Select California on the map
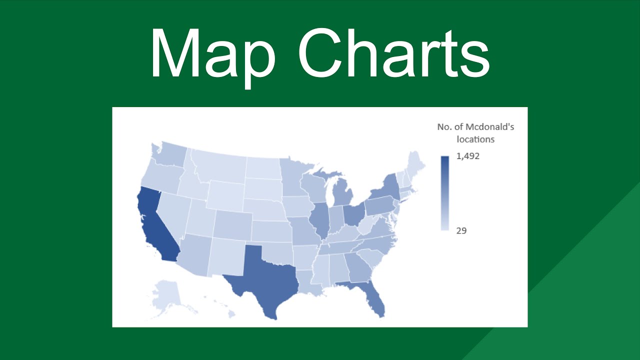[x=155, y=225]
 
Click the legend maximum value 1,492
[x=467, y=156]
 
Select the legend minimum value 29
[x=461, y=231]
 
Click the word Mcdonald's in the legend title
[x=492, y=127]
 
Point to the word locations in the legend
[x=475, y=139]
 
